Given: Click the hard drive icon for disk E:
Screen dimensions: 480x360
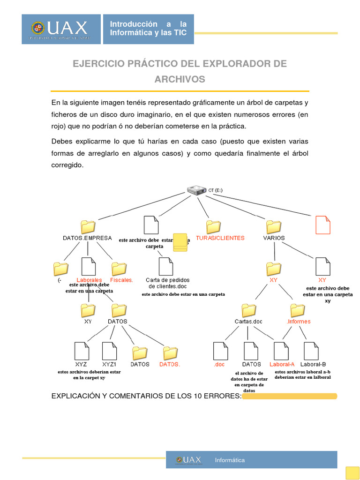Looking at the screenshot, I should (x=196, y=190).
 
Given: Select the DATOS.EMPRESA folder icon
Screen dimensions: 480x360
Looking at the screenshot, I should (x=88, y=226).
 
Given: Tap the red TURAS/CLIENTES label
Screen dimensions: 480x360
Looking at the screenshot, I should (x=220, y=238).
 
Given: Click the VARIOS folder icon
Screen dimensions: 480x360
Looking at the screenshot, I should (x=273, y=226).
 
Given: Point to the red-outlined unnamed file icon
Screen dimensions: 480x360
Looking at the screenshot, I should (x=323, y=225).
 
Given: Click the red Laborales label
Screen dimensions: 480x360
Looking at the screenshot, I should (x=89, y=280).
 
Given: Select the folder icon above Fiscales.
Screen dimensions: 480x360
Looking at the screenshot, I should (x=119, y=269).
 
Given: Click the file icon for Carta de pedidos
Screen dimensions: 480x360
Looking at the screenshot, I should (x=166, y=266).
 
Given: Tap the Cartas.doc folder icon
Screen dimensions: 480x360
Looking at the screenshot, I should (x=248, y=310).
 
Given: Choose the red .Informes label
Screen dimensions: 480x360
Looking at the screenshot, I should (x=299, y=322).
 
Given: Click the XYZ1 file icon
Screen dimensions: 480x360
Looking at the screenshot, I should (x=109, y=351).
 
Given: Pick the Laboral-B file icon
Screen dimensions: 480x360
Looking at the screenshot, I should (x=311, y=351).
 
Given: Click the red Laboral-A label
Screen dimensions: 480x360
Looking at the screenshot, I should (x=282, y=364).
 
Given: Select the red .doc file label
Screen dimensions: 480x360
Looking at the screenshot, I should (x=219, y=364).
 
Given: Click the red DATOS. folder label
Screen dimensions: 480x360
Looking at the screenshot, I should (x=170, y=364).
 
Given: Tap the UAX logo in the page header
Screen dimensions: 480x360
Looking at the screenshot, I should (x=61, y=29).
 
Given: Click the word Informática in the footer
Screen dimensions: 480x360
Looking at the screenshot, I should (x=230, y=460).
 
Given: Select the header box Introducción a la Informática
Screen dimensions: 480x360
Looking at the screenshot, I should (x=148, y=29).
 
